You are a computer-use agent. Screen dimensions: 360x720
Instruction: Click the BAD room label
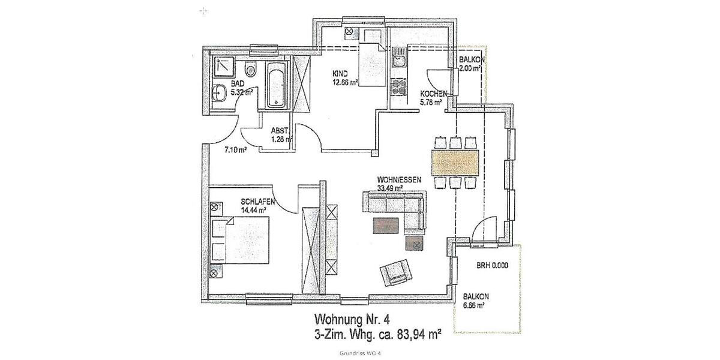[238, 83]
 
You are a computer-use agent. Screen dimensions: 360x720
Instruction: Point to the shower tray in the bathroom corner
[223, 67]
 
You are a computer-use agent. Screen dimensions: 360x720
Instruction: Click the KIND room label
[340, 74]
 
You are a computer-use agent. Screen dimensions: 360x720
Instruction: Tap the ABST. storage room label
[280, 130]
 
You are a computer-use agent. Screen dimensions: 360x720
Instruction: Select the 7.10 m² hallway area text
[236, 150]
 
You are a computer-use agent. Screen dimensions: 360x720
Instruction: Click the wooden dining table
[457, 161]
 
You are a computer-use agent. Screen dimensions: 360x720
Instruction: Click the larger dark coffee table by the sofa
[386, 224]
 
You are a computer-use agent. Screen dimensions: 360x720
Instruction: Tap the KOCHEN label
[433, 94]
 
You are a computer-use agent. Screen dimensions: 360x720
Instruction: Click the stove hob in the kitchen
[397, 90]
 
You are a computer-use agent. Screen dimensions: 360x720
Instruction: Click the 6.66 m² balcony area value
[473, 305]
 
